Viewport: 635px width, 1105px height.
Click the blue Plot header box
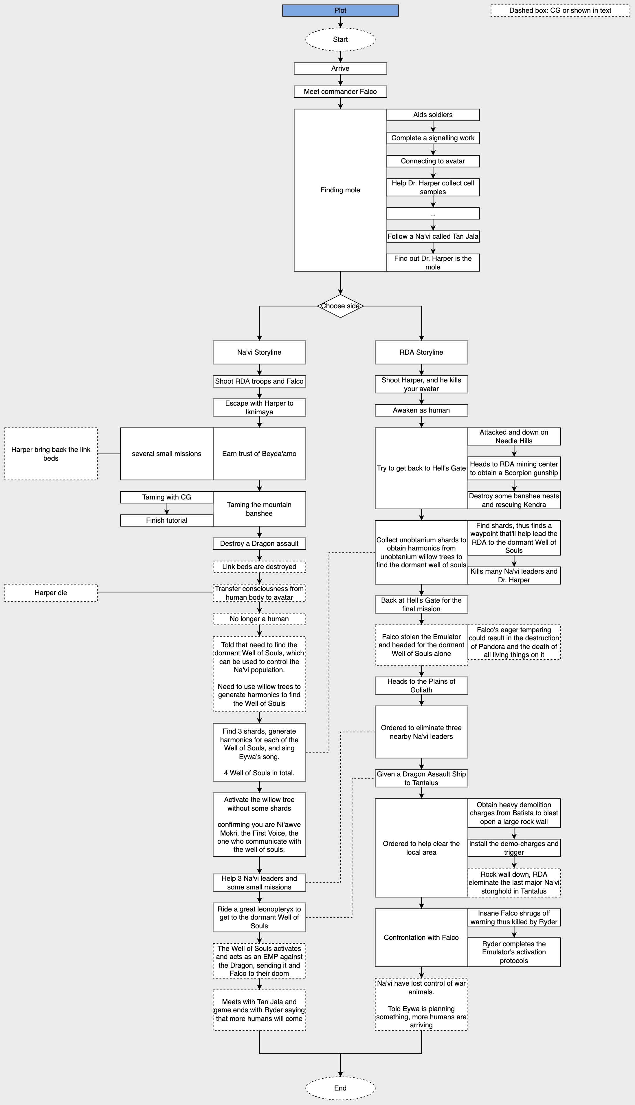coord(340,10)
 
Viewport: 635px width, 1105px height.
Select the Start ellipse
coord(340,39)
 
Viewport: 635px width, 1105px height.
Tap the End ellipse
coord(340,1088)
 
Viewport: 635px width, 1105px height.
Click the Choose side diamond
coord(340,306)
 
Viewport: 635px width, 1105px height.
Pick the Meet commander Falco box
coord(340,92)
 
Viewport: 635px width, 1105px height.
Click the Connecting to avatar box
coord(433,161)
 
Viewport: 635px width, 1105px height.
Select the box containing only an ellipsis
coord(433,214)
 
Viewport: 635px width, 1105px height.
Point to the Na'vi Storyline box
coord(259,352)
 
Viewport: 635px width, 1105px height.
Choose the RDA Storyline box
coord(421,352)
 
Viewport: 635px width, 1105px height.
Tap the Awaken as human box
coord(421,410)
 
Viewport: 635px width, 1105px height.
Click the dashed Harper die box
coord(51,593)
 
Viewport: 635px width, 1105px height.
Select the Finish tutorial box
coord(167,520)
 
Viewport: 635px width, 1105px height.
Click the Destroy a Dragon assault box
coord(259,544)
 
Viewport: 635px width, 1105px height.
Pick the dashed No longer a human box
coord(259,619)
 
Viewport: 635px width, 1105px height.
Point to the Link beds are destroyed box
coord(259,567)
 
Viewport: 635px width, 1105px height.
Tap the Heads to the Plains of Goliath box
coord(421,685)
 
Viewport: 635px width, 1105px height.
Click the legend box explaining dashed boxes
coord(560,10)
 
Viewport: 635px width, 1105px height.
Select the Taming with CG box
coord(167,497)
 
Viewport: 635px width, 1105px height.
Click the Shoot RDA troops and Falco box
coord(259,381)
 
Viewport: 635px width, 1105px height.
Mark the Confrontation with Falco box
coord(421,937)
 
